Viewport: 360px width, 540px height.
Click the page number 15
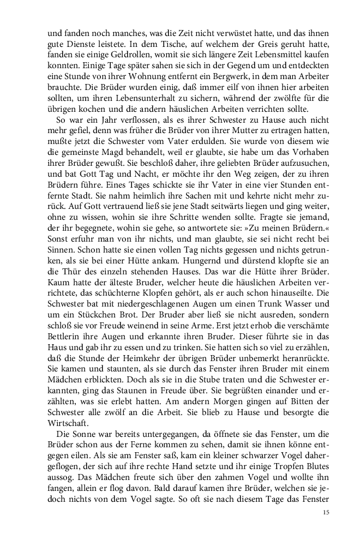coord(326,512)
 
